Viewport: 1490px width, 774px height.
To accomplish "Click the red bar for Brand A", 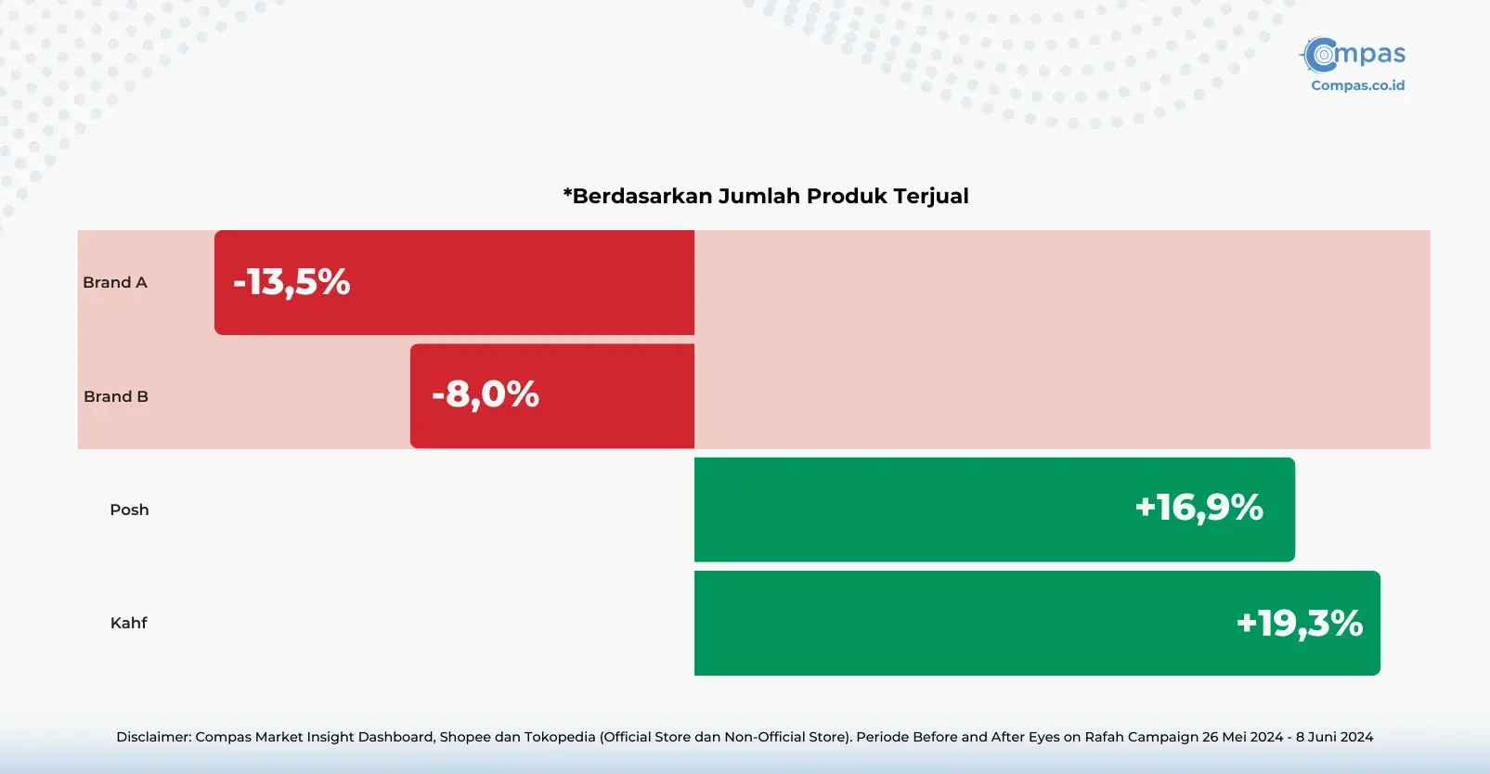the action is click(x=454, y=283).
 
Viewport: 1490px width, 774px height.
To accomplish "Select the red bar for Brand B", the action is click(x=552, y=396).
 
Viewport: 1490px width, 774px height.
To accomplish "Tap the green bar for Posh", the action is click(x=994, y=510).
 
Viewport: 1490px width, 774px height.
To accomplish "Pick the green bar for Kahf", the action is click(x=1037, y=623).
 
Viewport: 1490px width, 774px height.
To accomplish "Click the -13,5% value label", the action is click(x=292, y=282).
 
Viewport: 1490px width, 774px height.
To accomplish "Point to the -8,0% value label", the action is click(x=485, y=394).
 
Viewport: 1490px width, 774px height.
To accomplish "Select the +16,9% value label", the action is click(x=1198, y=508).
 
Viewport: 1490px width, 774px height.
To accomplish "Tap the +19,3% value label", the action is click(x=1299, y=624).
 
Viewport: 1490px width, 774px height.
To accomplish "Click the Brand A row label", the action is click(x=115, y=283).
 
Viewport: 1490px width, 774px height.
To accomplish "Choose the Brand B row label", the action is click(x=116, y=396).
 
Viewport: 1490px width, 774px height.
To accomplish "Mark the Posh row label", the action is click(x=129, y=510).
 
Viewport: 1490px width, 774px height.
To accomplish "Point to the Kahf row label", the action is click(x=128, y=623).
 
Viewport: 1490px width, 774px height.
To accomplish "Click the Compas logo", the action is click(x=1353, y=55).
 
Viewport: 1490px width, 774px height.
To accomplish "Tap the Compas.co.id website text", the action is click(x=1357, y=85).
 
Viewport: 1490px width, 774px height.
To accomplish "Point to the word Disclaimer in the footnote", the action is click(x=154, y=737).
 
